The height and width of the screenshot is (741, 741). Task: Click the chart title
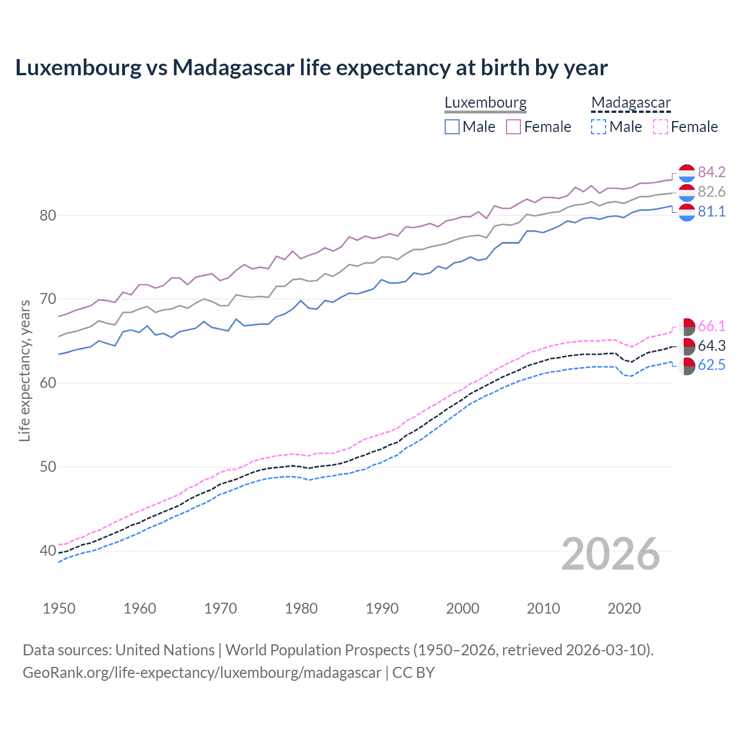[311, 68]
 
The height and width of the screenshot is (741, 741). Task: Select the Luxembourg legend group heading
[485, 103]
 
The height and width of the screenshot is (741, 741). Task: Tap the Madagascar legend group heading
[631, 103]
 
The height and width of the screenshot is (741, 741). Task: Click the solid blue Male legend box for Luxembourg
[452, 127]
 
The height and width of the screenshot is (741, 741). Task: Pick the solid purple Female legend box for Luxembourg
[513, 127]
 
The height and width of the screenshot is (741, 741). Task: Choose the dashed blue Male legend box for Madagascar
[599, 127]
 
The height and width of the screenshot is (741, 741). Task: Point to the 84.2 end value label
[711, 172]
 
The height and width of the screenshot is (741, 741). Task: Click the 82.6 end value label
[711, 192]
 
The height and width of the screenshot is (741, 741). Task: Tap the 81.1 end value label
[711, 211]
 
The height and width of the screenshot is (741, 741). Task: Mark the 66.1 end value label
[711, 326]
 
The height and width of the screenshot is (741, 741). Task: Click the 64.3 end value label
[711, 346]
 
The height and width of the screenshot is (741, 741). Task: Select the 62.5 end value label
[711, 365]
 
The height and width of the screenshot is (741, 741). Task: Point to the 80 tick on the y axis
[47, 215]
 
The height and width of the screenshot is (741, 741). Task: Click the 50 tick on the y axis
[47, 467]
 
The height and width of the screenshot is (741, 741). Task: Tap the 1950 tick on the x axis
[59, 608]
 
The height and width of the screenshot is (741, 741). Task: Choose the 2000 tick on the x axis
[463, 608]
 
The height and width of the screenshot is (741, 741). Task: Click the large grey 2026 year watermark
[610, 554]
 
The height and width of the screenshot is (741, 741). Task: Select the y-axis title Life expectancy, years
[24, 370]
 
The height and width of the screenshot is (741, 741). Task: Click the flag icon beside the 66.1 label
[687, 327]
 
